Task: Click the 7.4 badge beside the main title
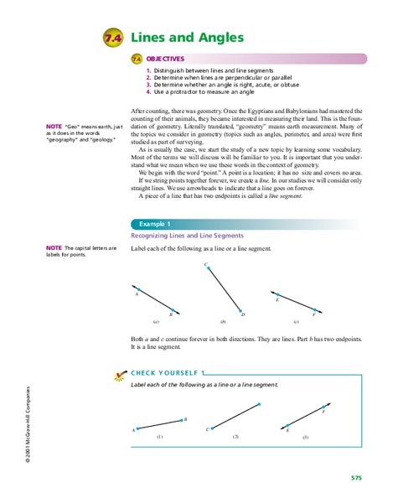113,39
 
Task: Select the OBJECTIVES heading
164,59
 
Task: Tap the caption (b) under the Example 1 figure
222,322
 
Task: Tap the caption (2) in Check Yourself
235,437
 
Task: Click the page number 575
356,477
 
